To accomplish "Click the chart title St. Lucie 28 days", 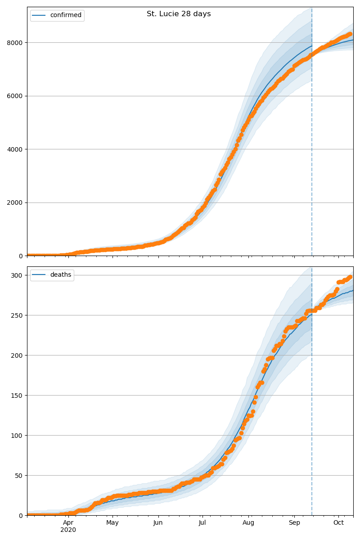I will (179, 14).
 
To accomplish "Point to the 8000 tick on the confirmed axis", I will (16, 43).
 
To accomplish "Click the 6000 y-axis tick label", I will (16, 96).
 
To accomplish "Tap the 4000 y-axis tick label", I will (16, 149).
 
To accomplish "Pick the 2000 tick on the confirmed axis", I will (16, 202).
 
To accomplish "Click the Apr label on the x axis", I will (68, 522).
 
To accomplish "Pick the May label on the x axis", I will (112, 522).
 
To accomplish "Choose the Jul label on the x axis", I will (202, 522).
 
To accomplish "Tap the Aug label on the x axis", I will (248, 522).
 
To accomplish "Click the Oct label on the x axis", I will (338, 522).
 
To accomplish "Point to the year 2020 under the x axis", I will (68, 530).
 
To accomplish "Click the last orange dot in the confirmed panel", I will (350, 34).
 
